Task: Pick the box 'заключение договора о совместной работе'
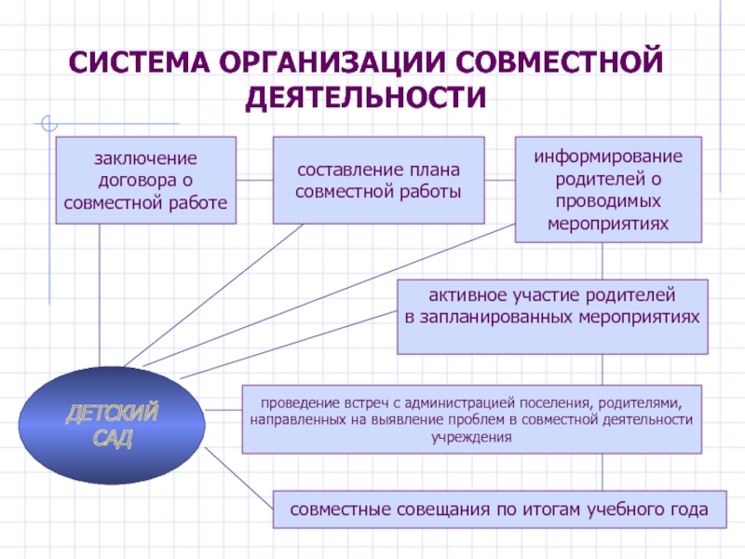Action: (146, 180)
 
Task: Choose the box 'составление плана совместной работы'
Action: (378, 180)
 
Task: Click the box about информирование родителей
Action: (606, 189)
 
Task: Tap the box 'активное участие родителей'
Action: (553, 316)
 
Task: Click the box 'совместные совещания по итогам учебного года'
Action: (498, 510)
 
